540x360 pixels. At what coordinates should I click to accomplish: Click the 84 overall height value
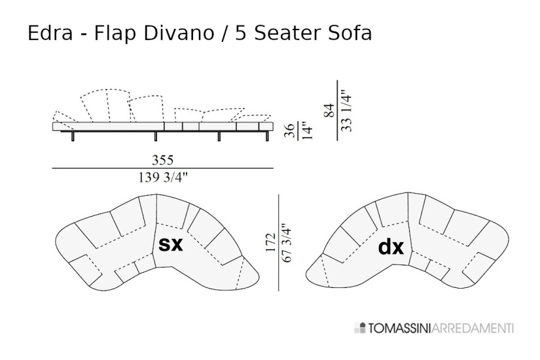(330, 110)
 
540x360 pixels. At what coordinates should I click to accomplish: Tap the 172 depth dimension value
(270, 243)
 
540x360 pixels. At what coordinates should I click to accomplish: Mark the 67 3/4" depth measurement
(287, 243)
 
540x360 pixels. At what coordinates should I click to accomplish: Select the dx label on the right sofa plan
(391, 247)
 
